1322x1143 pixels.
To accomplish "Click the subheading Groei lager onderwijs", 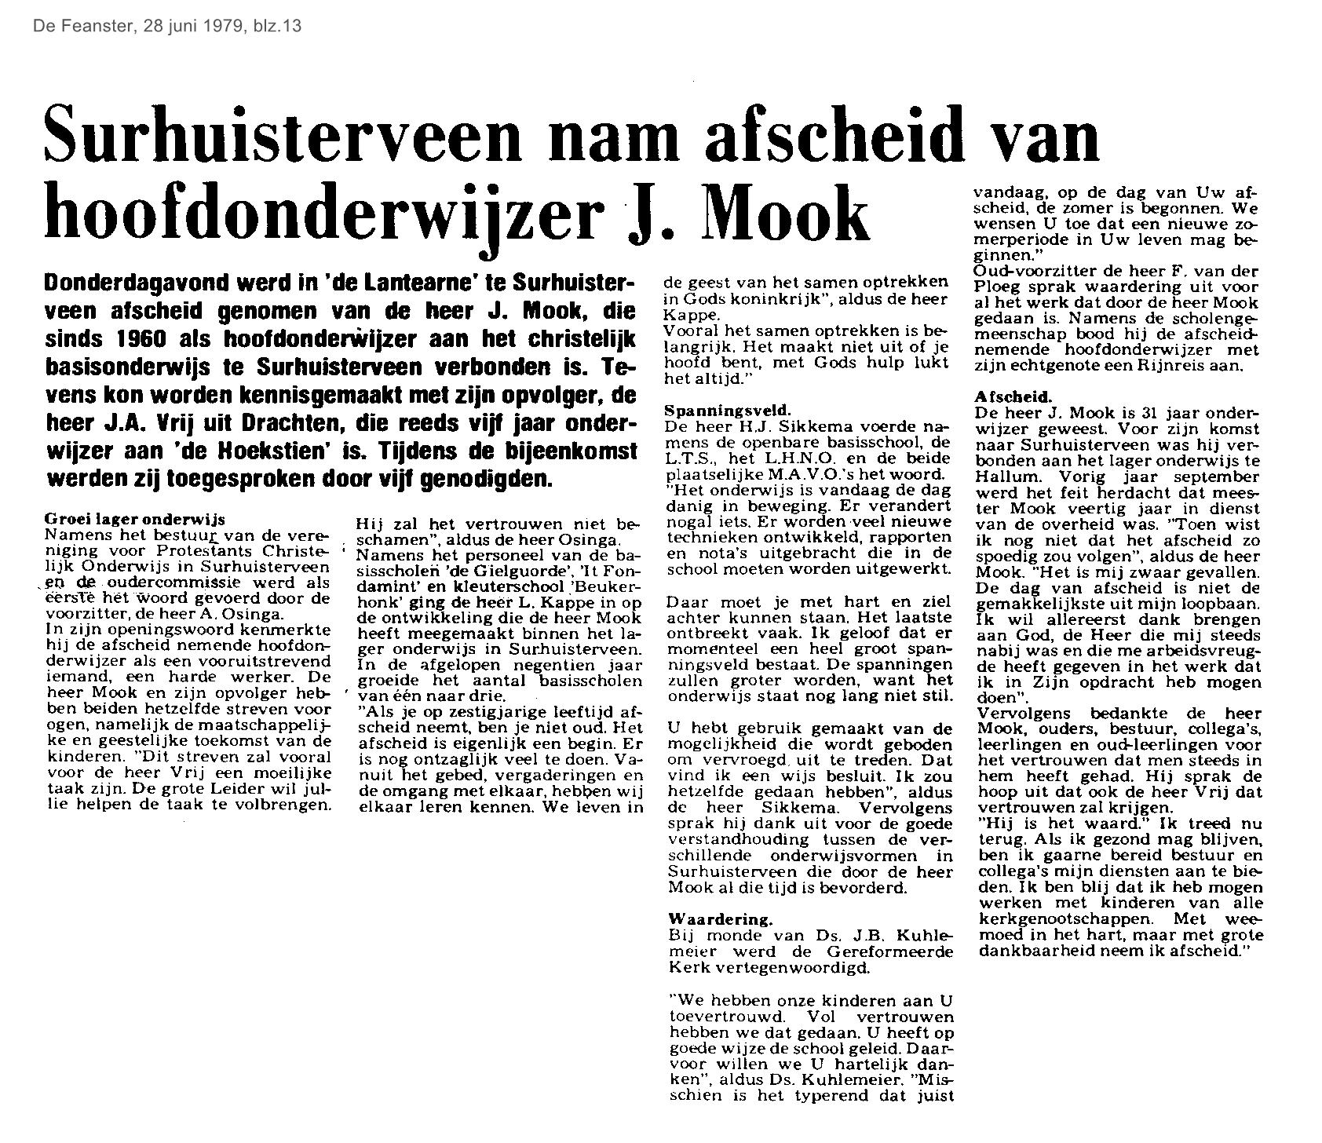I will point(136,519).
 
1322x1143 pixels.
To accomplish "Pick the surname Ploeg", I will point(998,288).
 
